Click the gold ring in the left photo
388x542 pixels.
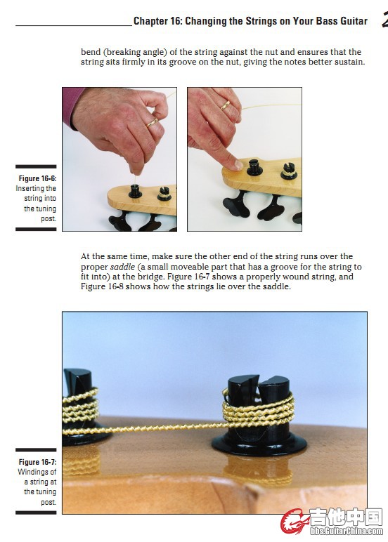click(152, 122)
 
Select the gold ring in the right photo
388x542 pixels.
click(225, 105)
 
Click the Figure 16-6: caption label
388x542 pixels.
click(37, 178)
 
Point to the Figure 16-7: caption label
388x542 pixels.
click(37, 462)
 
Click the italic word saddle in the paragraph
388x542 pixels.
click(122, 267)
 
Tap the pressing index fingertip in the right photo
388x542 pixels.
click(237, 164)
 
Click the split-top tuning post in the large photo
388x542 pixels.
click(259, 411)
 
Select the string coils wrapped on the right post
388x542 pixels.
click(258, 407)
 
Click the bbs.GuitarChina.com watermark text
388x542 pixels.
click(347, 531)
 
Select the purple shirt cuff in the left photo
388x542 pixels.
click(72, 105)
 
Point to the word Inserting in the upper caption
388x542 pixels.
click(31, 188)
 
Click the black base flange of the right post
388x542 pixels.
click(259, 444)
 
